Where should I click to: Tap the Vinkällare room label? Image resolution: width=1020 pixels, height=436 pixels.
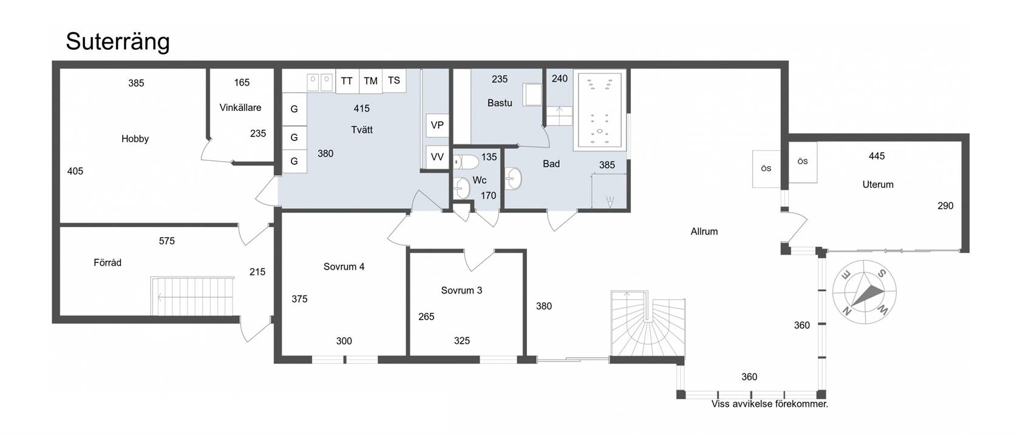point(240,108)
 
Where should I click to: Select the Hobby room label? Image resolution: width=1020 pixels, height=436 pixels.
point(135,139)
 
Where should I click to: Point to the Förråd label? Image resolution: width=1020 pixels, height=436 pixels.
point(107,263)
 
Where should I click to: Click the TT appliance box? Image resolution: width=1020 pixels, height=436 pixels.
point(347,81)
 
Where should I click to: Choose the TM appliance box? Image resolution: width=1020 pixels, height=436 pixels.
point(370,81)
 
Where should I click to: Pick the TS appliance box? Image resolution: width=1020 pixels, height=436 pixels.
point(394,81)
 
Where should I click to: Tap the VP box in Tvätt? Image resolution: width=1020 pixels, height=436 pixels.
point(437,126)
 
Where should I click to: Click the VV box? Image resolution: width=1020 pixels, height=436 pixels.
point(437,157)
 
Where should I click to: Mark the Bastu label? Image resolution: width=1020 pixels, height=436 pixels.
point(500,103)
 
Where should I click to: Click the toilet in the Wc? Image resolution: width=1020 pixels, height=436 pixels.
point(465,162)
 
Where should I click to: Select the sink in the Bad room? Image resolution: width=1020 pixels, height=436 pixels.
point(512,179)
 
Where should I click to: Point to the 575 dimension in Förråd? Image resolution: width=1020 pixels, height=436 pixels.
point(166,241)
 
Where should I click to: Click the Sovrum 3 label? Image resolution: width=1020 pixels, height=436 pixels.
point(461,290)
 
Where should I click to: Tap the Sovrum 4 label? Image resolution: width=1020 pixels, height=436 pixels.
point(344,267)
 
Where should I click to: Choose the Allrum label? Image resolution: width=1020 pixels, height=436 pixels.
point(704,232)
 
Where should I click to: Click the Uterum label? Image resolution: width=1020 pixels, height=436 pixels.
point(878,184)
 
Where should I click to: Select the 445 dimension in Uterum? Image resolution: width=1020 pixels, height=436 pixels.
point(877,156)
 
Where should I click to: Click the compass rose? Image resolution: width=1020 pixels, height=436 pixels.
point(865,292)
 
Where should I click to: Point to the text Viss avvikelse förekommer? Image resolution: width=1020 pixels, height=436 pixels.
point(770,404)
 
